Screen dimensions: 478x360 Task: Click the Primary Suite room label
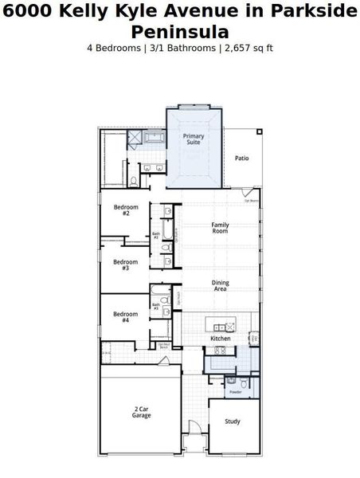pos(194,139)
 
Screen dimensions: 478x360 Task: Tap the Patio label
pos(241,158)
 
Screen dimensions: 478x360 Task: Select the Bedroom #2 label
pos(126,210)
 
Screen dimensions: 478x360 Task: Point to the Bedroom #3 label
pos(126,264)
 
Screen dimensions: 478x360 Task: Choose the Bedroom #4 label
pos(126,317)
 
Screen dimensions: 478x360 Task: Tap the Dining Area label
pos(220,286)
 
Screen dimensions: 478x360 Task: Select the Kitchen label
pos(220,339)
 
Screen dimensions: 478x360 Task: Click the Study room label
pos(232,421)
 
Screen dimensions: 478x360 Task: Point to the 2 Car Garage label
pos(141,412)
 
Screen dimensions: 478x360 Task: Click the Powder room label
pos(235,392)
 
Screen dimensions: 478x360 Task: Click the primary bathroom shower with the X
pos(135,138)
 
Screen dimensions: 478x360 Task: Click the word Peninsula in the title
pos(180,33)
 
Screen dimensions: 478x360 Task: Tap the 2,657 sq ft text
pos(248,48)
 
